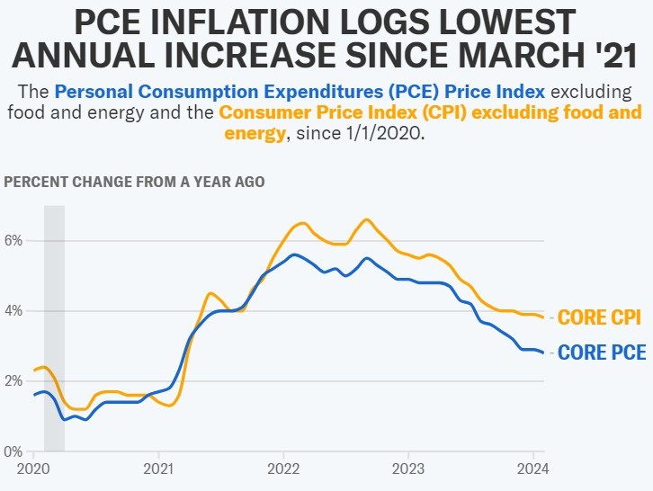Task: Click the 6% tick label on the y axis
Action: click(x=13, y=241)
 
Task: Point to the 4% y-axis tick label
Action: click(x=13, y=311)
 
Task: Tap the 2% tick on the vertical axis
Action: click(x=13, y=380)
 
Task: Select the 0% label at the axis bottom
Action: click(x=12, y=451)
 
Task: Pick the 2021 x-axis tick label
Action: click(x=158, y=468)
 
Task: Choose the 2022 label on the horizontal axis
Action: click(x=283, y=468)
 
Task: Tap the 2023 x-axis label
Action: click(x=407, y=468)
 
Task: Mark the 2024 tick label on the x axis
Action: click(x=532, y=468)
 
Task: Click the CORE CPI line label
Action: click(x=600, y=317)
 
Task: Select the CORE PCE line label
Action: click(x=602, y=353)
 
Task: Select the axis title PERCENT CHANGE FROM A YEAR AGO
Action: click(x=134, y=181)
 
